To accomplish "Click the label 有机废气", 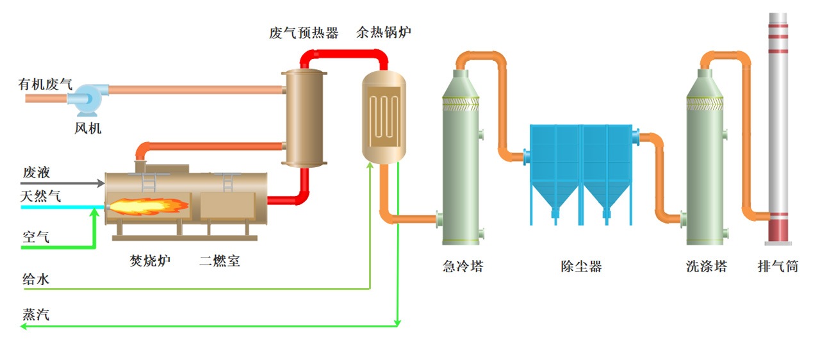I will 45,84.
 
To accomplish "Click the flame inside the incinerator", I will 148,206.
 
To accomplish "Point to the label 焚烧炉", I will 150,261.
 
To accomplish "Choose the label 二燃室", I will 220,261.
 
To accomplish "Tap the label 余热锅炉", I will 384,33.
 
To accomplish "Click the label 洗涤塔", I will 707,266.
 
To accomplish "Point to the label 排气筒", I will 778,266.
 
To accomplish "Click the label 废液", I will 37,172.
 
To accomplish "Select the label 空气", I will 37,237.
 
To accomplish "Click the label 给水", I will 37,279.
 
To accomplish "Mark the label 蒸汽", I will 37,315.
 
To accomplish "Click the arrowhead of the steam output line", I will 23,326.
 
